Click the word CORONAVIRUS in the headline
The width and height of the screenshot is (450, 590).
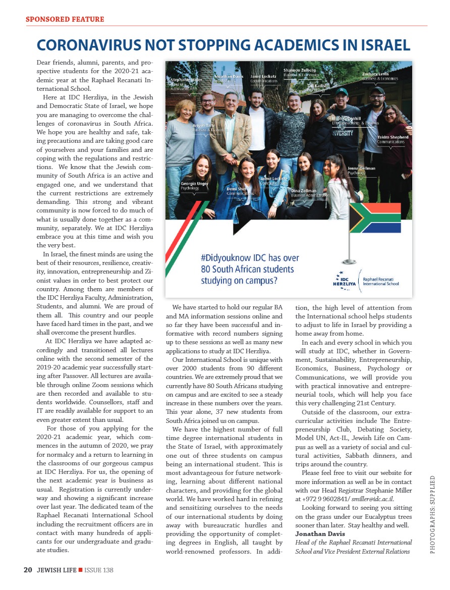coord(89,45)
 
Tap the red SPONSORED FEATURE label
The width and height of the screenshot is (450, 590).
coord(65,19)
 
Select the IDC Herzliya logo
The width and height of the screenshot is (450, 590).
coord(347,281)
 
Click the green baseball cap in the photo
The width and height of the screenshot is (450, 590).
coord(342,91)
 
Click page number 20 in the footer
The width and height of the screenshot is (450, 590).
coord(28,570)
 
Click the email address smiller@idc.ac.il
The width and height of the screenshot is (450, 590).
coord(373,499)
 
